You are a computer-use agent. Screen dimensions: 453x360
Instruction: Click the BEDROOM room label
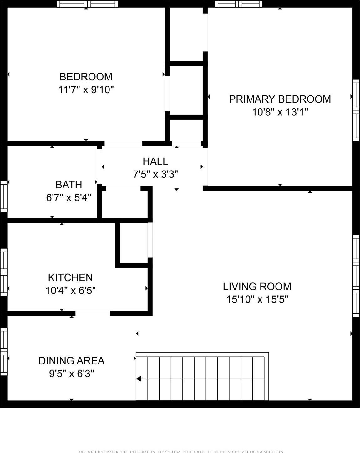86,77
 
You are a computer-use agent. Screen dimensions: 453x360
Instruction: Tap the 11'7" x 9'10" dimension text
86,90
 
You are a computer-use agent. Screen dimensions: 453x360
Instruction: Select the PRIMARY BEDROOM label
280,99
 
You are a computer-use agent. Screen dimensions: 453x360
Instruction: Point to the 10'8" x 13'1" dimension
280,112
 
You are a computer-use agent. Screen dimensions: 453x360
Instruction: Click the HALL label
155,161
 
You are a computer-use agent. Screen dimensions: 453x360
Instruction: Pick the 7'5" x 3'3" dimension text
155,174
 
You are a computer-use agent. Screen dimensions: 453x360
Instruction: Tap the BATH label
69,185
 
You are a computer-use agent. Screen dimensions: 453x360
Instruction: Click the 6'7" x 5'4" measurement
68,197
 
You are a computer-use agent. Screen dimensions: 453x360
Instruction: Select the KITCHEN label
70,277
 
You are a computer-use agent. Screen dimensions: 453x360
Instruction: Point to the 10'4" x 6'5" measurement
70,291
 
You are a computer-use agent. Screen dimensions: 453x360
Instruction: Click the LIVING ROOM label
257,286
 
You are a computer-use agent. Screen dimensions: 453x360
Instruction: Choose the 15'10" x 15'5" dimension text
257,299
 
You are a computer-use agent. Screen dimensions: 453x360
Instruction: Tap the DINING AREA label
71,361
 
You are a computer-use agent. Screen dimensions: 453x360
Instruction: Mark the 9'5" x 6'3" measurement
71,374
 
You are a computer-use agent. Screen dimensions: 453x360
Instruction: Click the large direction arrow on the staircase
139,379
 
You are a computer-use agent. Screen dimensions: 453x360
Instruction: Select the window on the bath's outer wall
3,196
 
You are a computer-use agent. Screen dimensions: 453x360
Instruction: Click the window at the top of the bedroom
87,4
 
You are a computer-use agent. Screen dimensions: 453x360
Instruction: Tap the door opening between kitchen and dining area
93,313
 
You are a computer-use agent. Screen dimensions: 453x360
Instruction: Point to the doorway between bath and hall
99,166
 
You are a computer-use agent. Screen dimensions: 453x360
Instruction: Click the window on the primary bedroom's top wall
238,4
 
